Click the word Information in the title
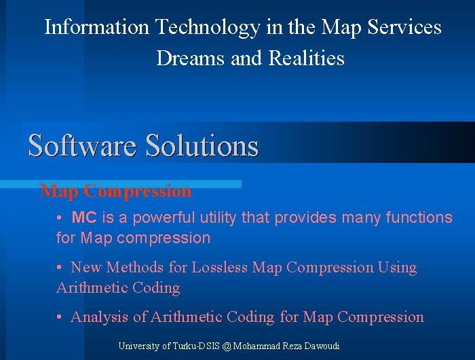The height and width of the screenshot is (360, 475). pos(97,26)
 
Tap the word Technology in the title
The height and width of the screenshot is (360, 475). pos(208,28)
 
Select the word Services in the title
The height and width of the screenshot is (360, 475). pos(404,26)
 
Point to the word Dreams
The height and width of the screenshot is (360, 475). pos(190,58)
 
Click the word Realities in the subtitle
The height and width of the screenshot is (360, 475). pos(307,58)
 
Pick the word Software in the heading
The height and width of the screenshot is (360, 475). pos(82,145)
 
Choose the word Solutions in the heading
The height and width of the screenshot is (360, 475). pos(202,145)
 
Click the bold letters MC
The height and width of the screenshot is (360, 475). pos(84,217)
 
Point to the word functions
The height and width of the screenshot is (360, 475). pos(419,217)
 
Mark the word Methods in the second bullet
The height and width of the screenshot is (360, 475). pos(135,267)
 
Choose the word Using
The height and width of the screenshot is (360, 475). pos(398,268)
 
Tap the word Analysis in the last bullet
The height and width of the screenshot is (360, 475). pos(99,317)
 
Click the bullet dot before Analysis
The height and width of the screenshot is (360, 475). pos(59,317)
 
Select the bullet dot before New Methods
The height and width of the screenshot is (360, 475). pos(59,267)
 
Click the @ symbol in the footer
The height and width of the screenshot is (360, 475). pos(226,346)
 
